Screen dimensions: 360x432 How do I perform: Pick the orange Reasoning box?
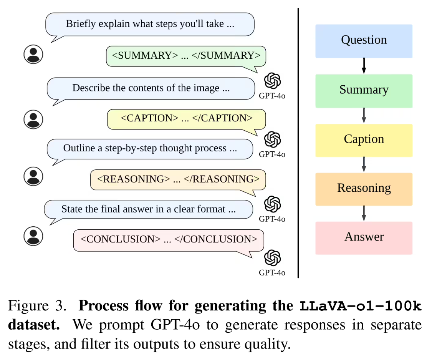point(364,189)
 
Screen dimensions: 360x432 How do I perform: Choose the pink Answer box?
point(364,237)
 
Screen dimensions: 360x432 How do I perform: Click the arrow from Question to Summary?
point(364,66)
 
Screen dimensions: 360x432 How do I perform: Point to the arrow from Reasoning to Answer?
point(364,213)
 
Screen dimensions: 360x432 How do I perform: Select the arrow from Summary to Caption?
point(364,115)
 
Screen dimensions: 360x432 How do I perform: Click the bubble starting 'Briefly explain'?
point(150,24)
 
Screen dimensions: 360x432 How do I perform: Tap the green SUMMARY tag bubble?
point(186,56)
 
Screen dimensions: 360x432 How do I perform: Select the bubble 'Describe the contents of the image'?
point(151,88)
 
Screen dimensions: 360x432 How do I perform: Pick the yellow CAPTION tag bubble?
point(186,118)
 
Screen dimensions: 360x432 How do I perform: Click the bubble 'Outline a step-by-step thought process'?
point(150,149)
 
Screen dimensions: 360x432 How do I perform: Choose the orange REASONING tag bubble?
point(178,179)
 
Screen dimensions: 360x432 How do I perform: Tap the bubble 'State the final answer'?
point(148,209)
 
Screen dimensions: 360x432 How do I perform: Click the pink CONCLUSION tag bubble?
point(169,240)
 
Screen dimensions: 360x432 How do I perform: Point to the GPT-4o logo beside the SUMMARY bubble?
point(272,81)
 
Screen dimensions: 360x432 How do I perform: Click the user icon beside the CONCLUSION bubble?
point(33,236)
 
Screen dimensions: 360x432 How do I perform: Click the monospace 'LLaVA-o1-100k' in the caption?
point(360,307)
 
